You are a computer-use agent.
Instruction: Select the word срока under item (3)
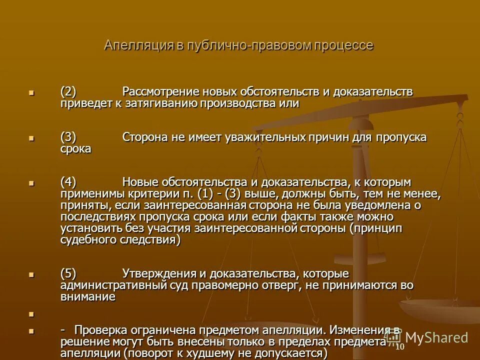coord(76,149)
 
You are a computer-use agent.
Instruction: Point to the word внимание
coord(88,297)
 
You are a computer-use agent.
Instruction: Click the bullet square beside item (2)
coord(31,92)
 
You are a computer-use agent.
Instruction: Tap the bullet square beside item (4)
coord(31,183)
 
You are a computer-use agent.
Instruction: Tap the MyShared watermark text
coord(435,337)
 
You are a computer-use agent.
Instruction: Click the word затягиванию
coord(164,103)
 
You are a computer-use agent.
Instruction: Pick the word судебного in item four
coord(88,240)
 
